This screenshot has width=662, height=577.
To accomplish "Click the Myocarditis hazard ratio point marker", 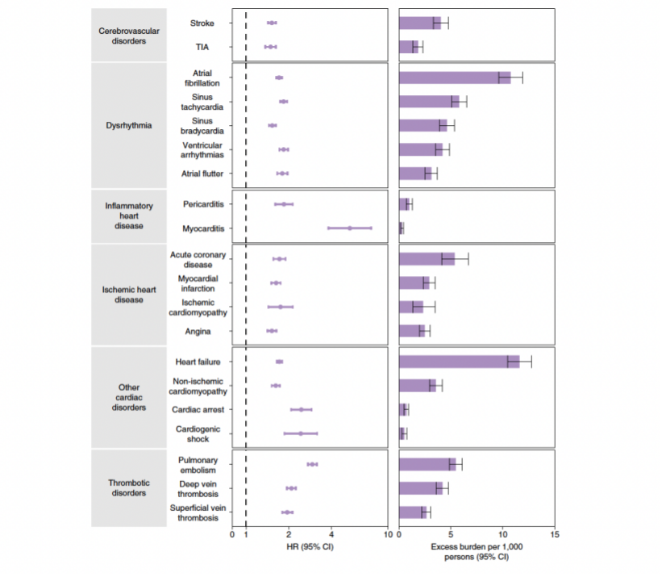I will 350,228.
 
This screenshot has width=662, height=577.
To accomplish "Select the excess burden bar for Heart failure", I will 459,362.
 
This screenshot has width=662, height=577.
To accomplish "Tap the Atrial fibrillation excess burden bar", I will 455,77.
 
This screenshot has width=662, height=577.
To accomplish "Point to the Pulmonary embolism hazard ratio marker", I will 312,464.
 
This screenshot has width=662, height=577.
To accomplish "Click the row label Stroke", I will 202,23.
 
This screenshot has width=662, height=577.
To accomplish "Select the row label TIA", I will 202,48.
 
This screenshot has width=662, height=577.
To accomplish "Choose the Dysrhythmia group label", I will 129,125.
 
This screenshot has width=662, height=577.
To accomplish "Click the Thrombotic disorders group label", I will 129,488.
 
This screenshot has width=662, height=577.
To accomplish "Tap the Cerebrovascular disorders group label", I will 129,36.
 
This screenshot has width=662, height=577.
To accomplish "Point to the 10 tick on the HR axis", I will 388,535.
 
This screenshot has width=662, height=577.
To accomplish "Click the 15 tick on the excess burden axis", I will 555,535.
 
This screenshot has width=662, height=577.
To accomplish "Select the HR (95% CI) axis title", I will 310,547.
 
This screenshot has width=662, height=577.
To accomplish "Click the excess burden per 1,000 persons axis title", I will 477,551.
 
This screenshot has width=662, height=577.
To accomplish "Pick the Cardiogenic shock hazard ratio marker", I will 301,433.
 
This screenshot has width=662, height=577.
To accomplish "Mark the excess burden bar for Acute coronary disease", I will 427,259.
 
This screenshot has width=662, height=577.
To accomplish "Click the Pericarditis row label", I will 202,204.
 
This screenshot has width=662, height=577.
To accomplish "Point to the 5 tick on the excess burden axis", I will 452,535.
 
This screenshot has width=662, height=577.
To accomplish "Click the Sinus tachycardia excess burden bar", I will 429,102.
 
